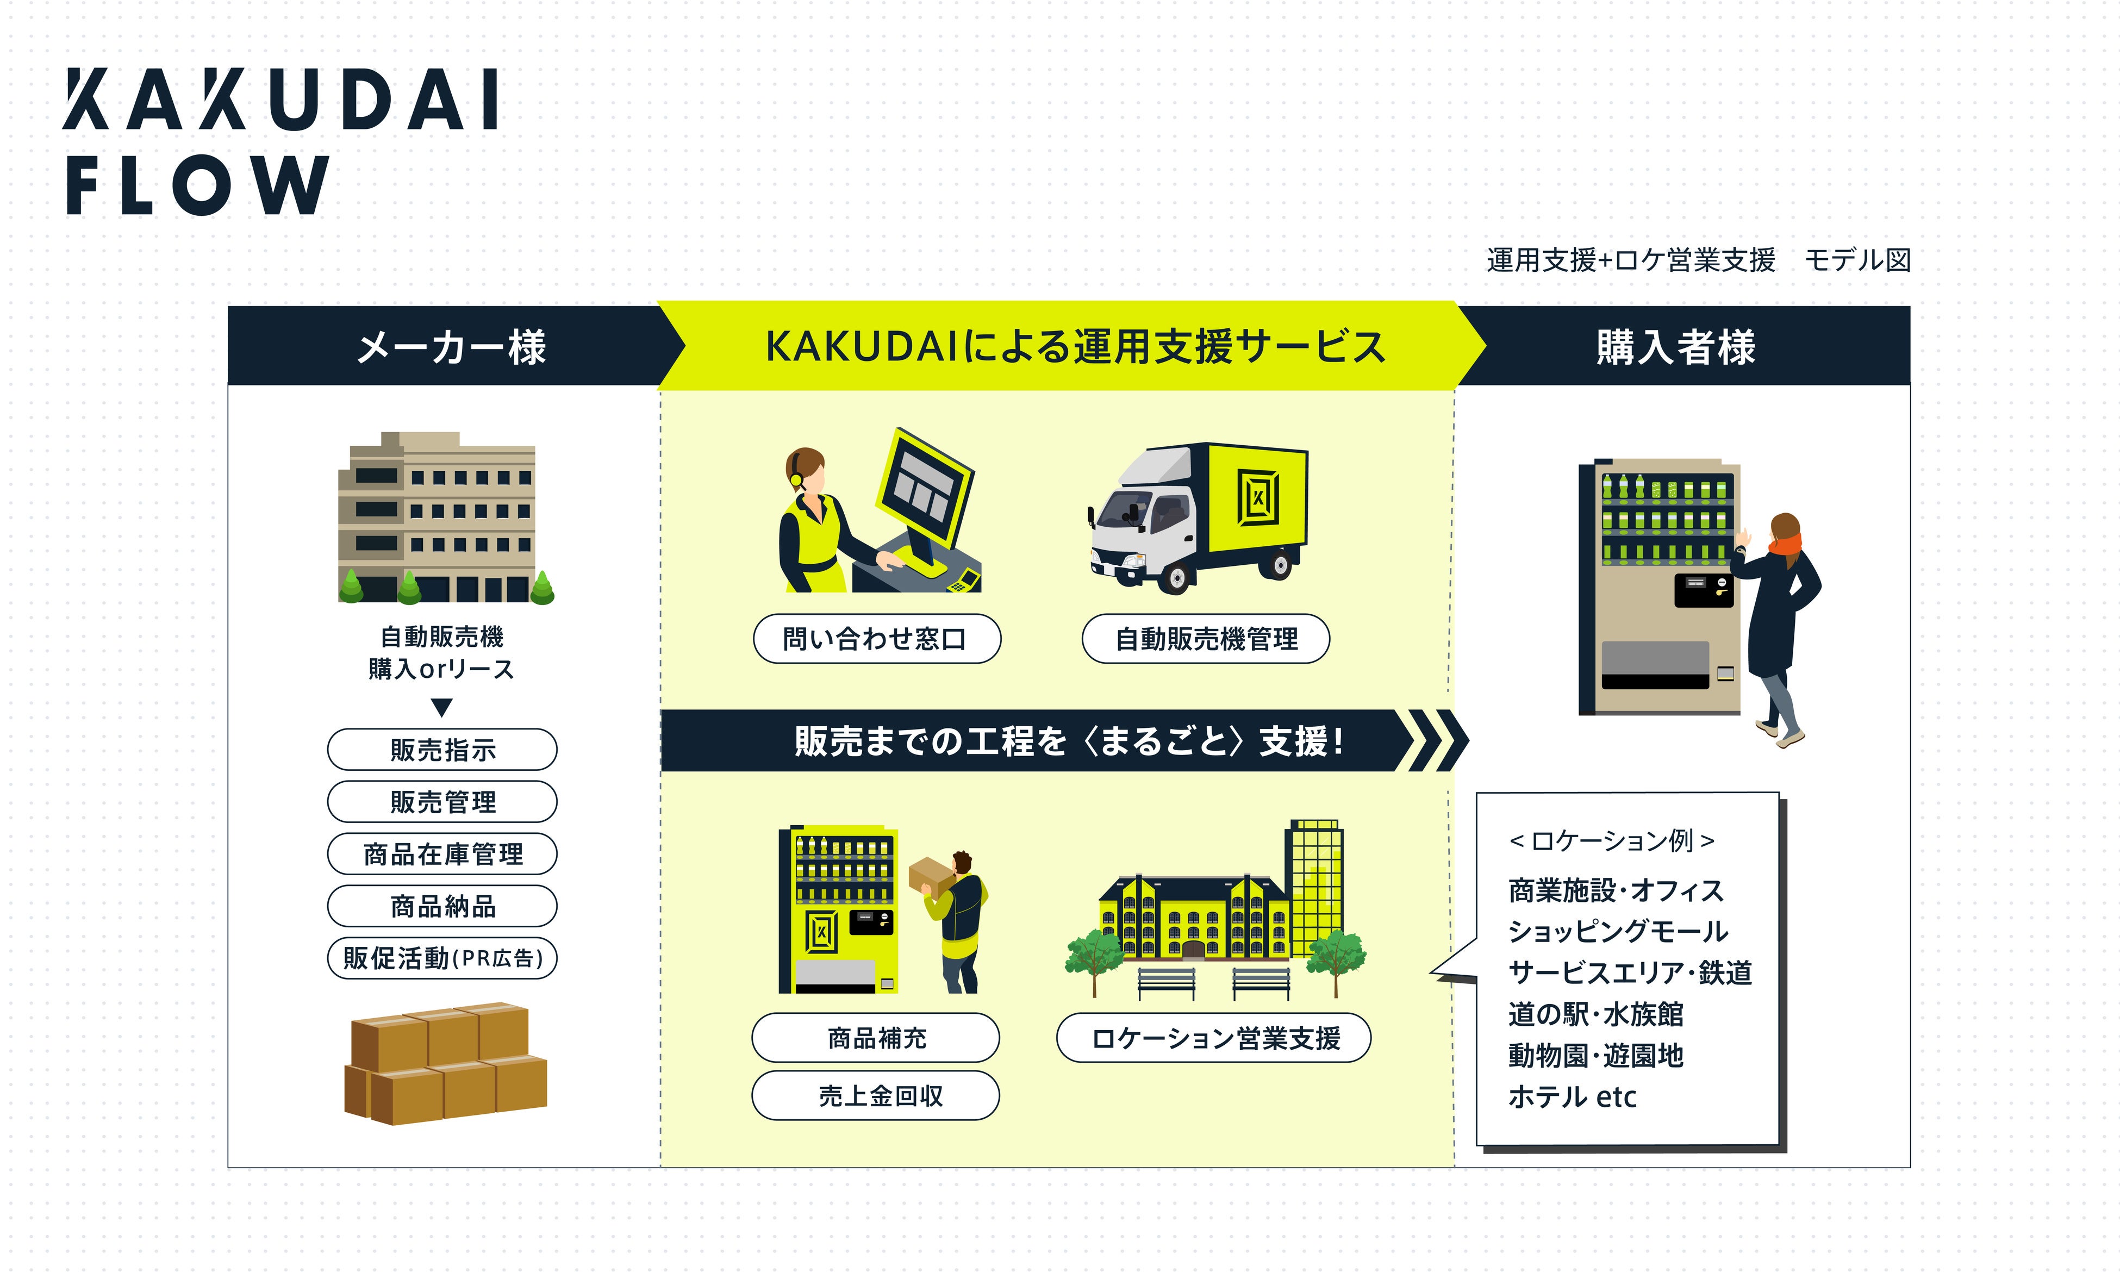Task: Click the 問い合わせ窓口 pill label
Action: tap(876, 639)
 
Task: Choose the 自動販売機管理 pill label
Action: tap(1206, 639)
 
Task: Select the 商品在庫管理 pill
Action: tap(442, 854)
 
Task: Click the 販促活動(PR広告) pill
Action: tap(442, 958)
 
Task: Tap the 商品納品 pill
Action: tap(442, 906)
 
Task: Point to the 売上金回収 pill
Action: tap(876, 1095)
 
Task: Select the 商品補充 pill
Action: tap(876, 1038)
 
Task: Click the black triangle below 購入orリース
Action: tap(441, 707)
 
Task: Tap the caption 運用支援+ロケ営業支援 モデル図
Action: tap(1698, 260)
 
